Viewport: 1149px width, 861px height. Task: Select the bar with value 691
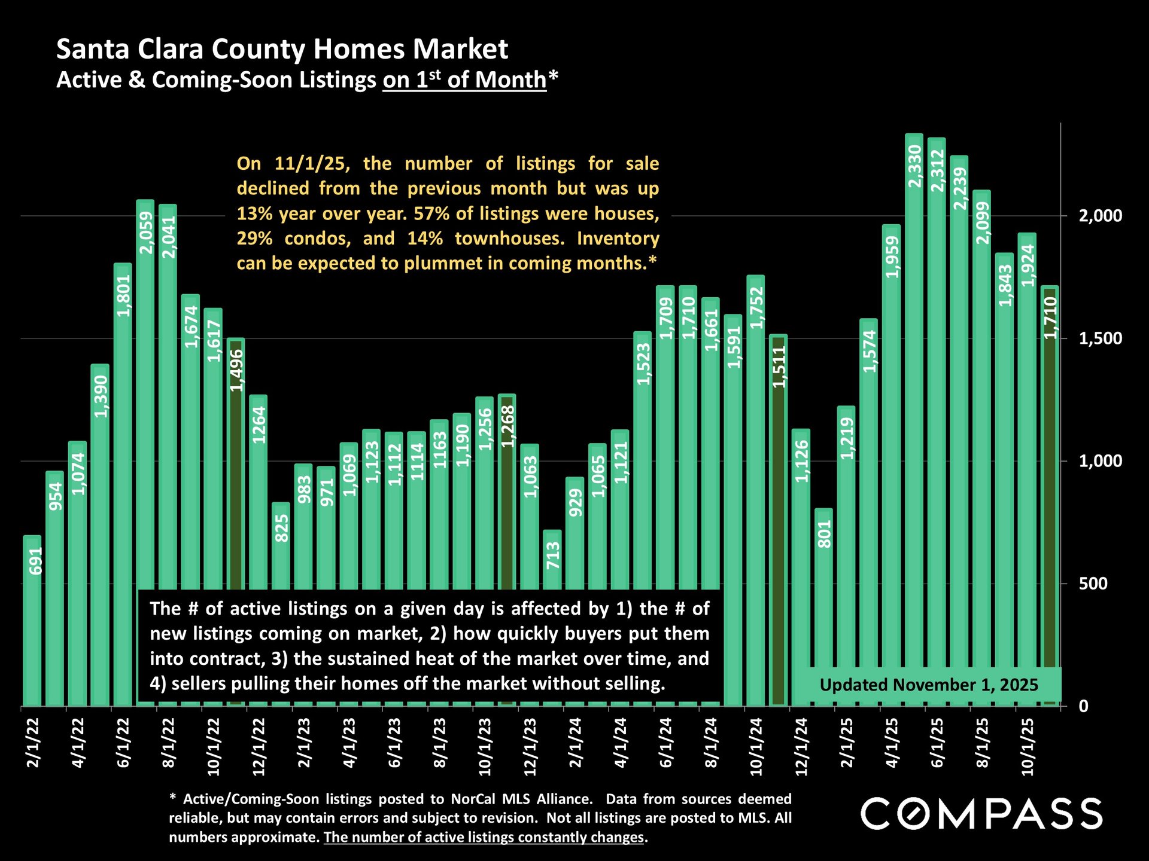coord(32,622)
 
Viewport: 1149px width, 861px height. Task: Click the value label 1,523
coord(643,364)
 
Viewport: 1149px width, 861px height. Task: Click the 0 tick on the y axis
coord(1083,706)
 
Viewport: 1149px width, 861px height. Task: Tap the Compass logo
coord(981,814)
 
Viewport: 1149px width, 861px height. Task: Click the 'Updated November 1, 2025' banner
coord(928,685)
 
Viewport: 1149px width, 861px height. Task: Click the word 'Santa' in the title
coord(93,49)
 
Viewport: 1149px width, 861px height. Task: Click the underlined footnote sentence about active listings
coord(484,838)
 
